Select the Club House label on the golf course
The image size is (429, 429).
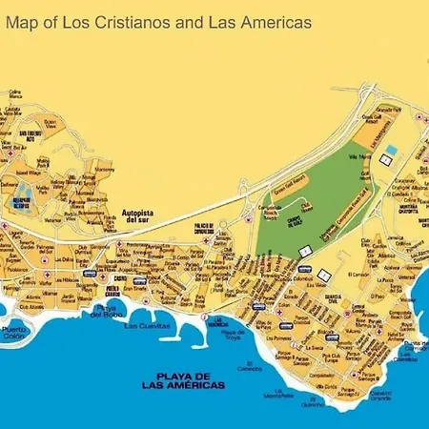pos(307,205)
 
